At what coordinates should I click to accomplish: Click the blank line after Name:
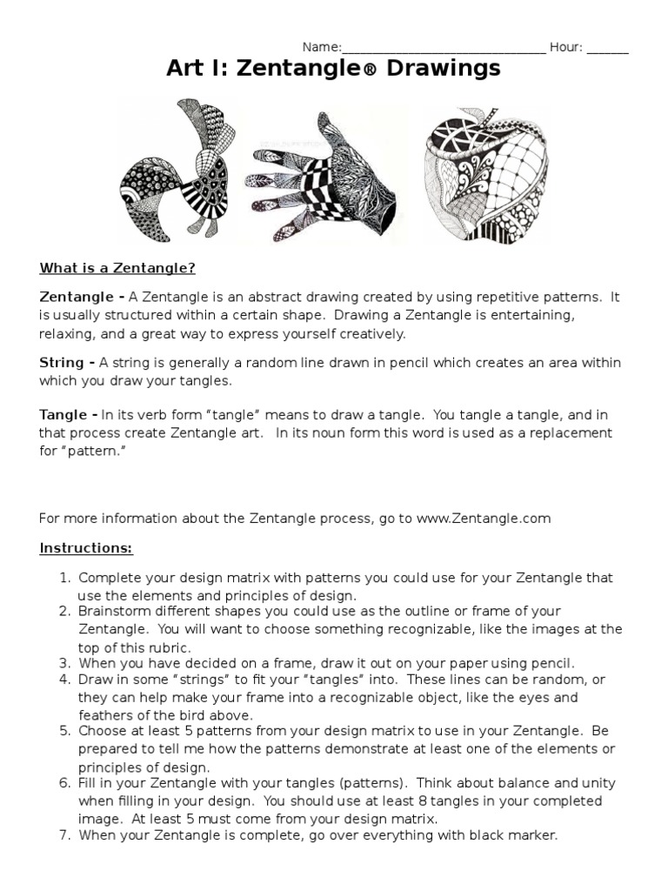tap(444, 48)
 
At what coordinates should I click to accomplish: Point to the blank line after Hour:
tap(608, 48)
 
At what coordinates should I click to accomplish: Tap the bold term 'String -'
tap(67, 363)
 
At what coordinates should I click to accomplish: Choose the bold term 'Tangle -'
tap(69, 414)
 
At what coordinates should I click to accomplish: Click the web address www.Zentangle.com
tap(484, 519)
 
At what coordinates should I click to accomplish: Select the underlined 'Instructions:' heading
tap(85, 549)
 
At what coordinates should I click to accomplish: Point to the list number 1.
tap(63, 578)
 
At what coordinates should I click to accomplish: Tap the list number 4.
tap(63, 679)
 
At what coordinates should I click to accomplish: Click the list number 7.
tap(63, 835)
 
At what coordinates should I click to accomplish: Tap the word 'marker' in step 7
tap(531, 835)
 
